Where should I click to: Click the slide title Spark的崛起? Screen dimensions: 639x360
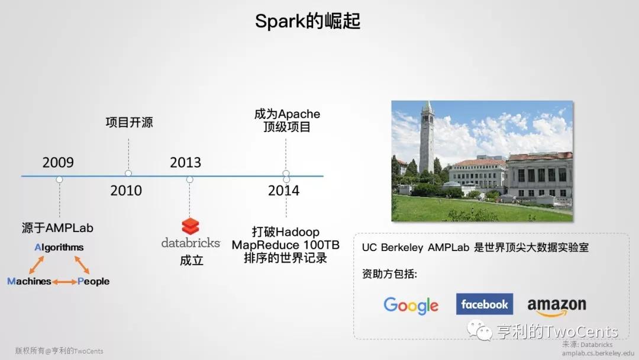click(x=308, y=21)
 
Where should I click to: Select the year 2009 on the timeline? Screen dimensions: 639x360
click(x=58, y=163)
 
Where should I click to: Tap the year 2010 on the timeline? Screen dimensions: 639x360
click(x=126, y=191)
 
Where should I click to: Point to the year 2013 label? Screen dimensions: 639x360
click(x=185, y=163)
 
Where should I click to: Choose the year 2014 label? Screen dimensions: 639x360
click(x=283, y=191)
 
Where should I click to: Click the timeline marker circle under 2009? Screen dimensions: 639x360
click(x=60, y=179)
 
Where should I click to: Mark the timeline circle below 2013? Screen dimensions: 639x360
click(x=189, y=179)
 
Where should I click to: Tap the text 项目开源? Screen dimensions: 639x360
click(x=129, y=123)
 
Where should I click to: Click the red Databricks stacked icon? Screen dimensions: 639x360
click(x=191, y=226)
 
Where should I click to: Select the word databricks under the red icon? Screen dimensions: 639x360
click(x=191, y=243)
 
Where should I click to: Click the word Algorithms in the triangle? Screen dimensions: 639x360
click(x=59, y=247)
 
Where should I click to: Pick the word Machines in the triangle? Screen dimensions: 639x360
click(x=29, y=281)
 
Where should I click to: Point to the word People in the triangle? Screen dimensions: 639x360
click(x=93, y=281)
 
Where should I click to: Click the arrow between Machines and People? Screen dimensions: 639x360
click(x=64, y=282)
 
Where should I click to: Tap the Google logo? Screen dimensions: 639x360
click(x=411, y=306)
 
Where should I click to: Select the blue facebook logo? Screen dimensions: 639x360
click(x=485, y=304)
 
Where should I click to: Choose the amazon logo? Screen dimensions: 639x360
click(x=557, y=307)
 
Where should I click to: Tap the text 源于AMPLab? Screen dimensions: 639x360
click(x=57, y=228)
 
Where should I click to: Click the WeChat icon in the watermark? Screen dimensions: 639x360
click(x=480, y=330)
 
